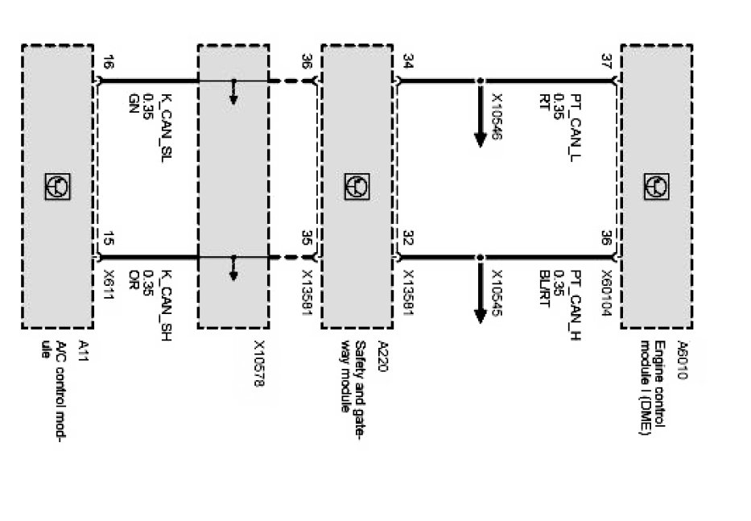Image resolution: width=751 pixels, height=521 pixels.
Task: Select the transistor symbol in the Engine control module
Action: pyautogui.click(x=656, y=186)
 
